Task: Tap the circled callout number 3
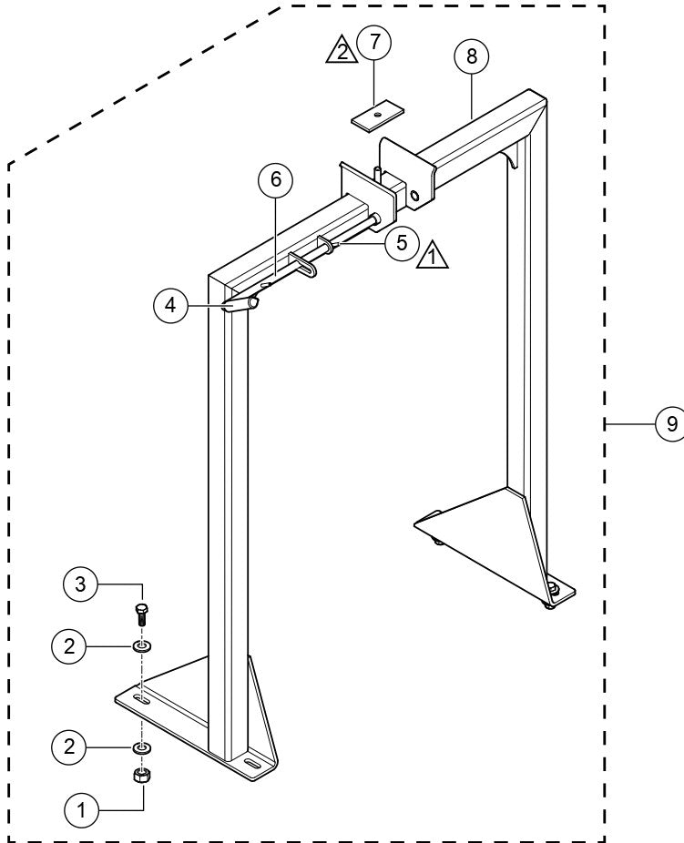click(x=81, y=583)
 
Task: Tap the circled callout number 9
click(x=671, y=423)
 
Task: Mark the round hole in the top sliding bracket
click(x=414, y=194)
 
